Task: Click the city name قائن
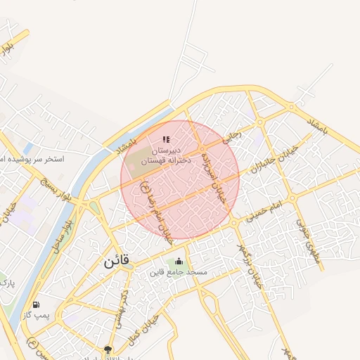coord(116,262)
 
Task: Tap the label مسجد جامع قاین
coord(179,271)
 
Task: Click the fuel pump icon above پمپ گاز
coord(36,305)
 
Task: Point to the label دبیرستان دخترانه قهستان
coord(166,155)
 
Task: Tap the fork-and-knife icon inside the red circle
coord(166,139)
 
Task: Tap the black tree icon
coord(108,349)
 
